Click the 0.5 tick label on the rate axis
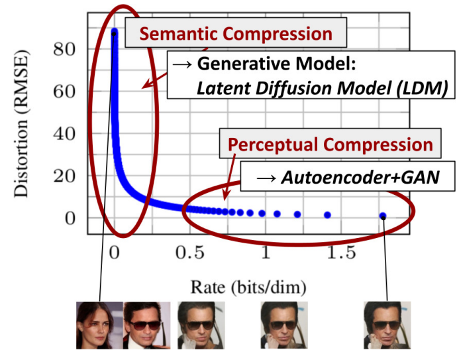click(x=189, y=253)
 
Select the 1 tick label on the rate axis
click(x=265, y=253)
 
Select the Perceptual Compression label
click(x=331, y=145)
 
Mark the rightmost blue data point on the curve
click(x=383, y=215)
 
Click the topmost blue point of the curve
click(x=114, y=32)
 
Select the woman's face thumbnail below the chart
click(x=99, y=326)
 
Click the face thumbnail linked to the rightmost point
click(x=387, y=326)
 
